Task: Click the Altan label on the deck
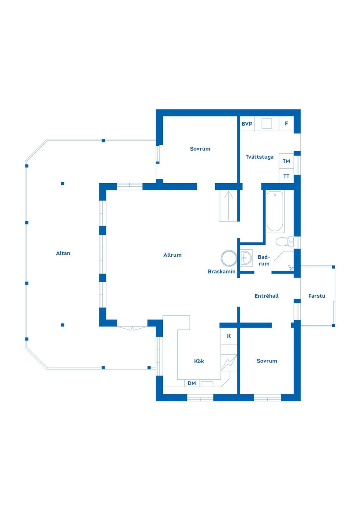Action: point(63,253)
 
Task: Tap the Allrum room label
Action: point(172,255)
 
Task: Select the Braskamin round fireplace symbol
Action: point(229,258)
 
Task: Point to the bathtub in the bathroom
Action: point(275,211)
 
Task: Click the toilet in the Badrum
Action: point(284,241)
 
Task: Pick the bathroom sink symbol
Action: point(246,258)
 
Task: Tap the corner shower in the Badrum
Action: point(283,261)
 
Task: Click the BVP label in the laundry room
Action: point(247,124)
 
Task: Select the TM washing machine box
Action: point(286,161)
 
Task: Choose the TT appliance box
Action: point(286,176)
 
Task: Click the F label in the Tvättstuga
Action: point(286,124)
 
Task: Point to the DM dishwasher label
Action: point(192,383)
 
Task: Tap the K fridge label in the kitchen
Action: point(229,336)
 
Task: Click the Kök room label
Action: point(199,361)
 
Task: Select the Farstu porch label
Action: point(316,296)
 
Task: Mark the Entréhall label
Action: point(267,296)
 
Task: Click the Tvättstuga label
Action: point(259,157)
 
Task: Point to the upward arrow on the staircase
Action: point(228,206)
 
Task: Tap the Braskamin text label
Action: point(222,271)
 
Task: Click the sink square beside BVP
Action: point(267,124)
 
